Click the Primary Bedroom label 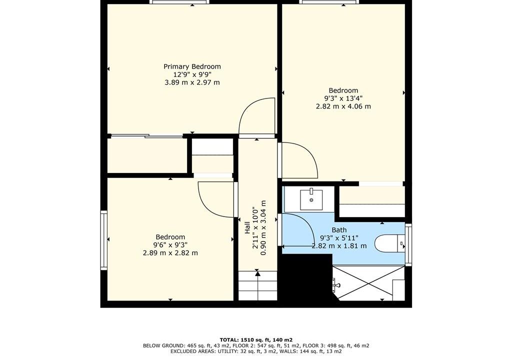click(192, 66)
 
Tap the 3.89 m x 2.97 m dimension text click(192, 82)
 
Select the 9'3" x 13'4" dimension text click(343, 98)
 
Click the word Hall click(247, 227)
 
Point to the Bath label click(339, 230)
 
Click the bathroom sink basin click(311, 199)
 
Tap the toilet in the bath click(389, 243)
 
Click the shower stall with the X click(369, 282)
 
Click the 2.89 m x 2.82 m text click(170, 253)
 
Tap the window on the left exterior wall click(104, 240)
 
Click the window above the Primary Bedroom click(179, 2)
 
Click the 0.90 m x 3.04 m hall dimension click(263, 227)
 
